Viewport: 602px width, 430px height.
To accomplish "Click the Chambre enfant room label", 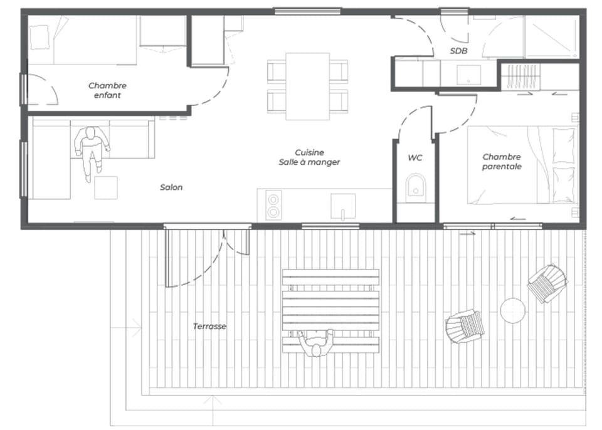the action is point(107,90).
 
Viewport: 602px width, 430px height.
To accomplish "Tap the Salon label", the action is point(171,187).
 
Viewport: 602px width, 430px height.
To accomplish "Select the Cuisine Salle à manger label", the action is point(309,157).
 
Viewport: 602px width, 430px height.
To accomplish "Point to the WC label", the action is point(415,158).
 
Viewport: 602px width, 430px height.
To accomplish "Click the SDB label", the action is point(459,51).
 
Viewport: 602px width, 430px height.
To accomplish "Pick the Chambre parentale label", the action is point(502,162).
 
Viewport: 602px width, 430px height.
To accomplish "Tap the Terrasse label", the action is point(209,327).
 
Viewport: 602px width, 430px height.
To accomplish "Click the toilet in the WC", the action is point(415,188).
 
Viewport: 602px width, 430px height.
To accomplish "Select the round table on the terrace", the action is point(513,310).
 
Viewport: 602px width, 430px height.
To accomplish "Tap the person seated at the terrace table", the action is point(315,343).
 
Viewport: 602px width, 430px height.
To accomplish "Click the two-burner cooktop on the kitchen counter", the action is point(273,206).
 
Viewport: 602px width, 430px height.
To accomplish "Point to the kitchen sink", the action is point(343,206).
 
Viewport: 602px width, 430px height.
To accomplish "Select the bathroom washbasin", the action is point(469,75).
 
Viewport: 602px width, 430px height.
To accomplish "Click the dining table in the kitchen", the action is point(307,87).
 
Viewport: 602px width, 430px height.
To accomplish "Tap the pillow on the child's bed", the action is point(40,37).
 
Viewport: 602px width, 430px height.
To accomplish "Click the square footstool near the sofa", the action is point(106,187).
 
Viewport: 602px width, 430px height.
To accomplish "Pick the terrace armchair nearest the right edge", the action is point(547,283).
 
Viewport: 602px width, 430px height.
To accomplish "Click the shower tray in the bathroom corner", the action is point(551,37).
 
